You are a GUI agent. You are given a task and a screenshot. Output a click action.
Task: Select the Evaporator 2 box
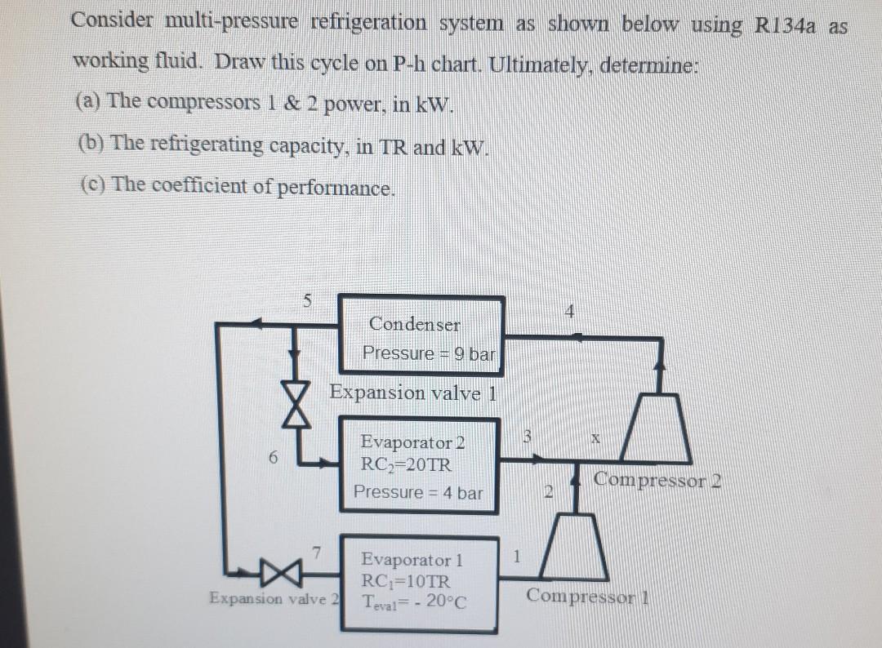pyautogui.click(x=417, y=465)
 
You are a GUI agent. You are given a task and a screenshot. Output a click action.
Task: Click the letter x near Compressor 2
pyautogui.click(x=595, y=439)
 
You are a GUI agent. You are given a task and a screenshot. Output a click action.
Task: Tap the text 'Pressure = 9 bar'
pyautogui.click(x=429, y=354)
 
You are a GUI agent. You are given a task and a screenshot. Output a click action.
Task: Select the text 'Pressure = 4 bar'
pyautogui.click(x=417, y=493)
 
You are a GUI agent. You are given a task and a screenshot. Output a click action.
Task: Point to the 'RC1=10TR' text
pyautogui.click(x=405, y=583)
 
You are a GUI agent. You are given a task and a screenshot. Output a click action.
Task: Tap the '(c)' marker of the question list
pyautogui.click(x=92, y=184)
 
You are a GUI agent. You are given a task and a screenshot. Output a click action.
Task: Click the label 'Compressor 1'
pyautogui.click(x=586, y=596)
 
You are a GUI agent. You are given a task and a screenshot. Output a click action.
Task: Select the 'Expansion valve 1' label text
pyautogui.click(x=412, y=393)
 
